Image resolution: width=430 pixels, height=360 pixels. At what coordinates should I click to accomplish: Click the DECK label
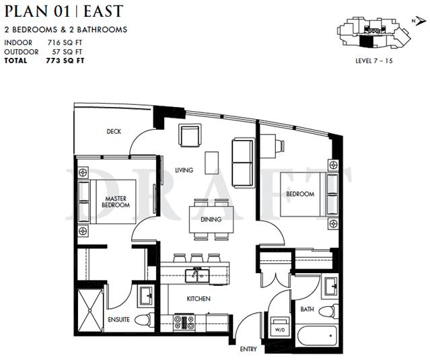tap(114, 132)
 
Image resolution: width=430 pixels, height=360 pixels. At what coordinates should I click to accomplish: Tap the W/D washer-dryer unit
tap(280, 326)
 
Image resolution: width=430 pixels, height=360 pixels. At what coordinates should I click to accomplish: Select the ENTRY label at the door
tap(248, 349)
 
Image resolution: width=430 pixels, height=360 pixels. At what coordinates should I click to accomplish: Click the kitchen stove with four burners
tap(184, 322)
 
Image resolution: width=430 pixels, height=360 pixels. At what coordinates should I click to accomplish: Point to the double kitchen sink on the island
tap(197, 276)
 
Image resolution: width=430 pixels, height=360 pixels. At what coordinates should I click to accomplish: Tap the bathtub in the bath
tap(317, 336)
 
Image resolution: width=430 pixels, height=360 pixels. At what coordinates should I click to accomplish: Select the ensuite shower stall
tap(90, 310)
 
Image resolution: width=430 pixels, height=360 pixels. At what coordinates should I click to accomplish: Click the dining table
tap(211, 220)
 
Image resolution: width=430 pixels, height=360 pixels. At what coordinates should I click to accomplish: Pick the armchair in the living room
tap(190, 135)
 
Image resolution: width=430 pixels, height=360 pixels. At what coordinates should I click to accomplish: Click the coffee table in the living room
tap(212, 163)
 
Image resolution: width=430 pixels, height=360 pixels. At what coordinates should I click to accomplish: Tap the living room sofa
tap(243, 163)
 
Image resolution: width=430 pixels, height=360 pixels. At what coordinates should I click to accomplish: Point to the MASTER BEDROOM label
tap(116, 202)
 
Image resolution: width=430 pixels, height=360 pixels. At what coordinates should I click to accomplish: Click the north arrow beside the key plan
tap(420, 21)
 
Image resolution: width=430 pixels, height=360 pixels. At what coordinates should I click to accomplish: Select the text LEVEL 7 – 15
tap(374, 61)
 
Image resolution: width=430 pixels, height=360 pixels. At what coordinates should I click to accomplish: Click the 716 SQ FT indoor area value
tap(65, 43)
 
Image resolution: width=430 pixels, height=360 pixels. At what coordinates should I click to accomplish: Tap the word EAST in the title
tap(103, 11)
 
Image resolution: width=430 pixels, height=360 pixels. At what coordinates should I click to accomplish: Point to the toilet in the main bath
tap(328, 311)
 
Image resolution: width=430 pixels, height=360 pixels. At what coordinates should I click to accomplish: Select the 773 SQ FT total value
tap(65, 61)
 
